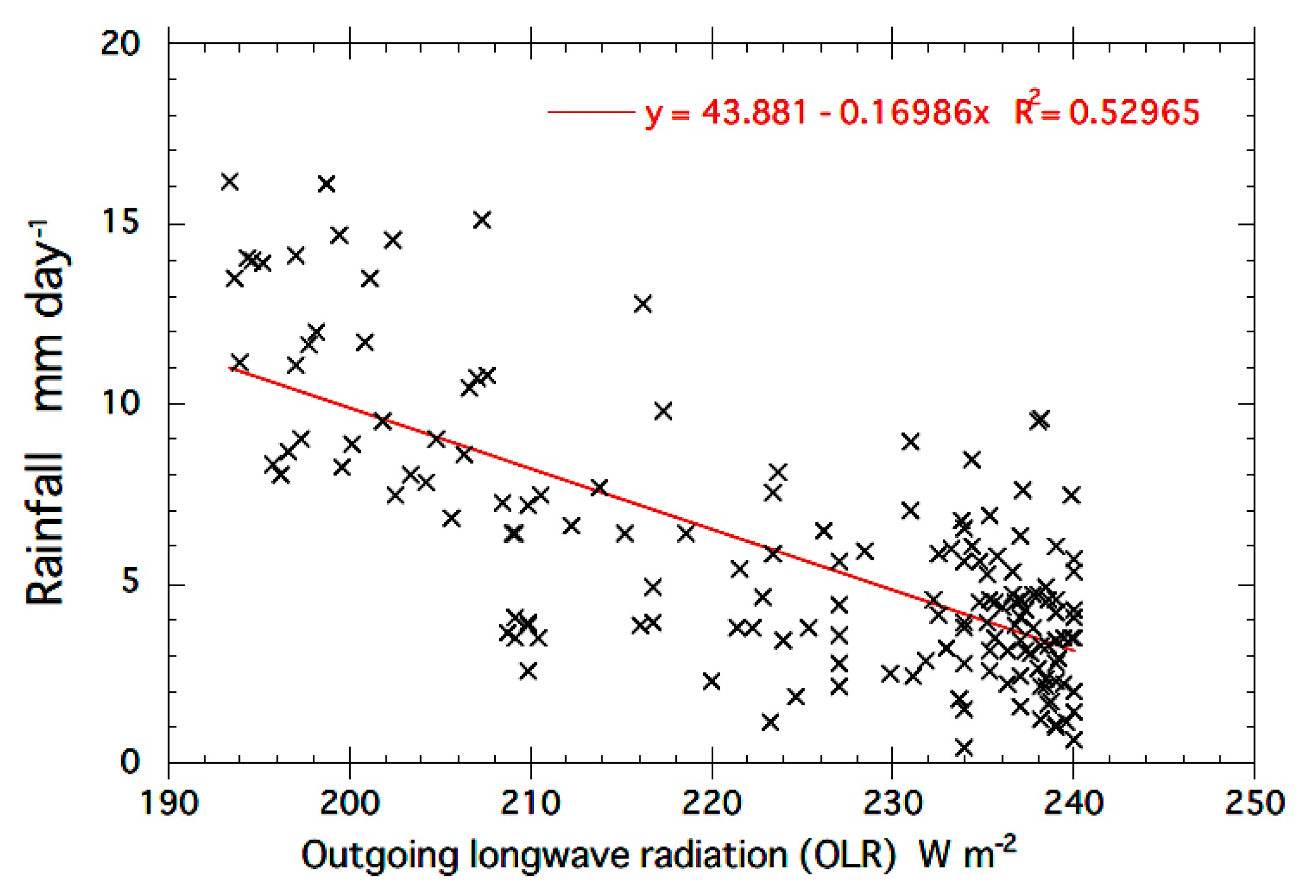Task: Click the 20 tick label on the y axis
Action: coord(120,43)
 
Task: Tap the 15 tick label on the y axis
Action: coord(120,222)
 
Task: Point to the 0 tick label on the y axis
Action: coord(129,762)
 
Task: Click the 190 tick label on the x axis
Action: coord(169,803)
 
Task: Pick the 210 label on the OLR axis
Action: coord(530,803)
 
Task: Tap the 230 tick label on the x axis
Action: coord(892,803)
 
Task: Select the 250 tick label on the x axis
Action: coord(1253,803)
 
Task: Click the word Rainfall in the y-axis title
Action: coord(45,529)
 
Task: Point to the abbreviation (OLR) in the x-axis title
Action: coord(848,855)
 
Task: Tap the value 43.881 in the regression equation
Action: coord(754,112)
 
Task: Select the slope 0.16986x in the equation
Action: coord(914,112)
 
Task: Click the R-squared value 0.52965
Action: coord(1133,112)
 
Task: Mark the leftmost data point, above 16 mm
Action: coord(230,182)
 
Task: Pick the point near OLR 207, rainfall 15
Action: coord(482,220)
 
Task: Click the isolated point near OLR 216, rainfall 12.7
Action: coord(642,304)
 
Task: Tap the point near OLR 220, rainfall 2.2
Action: coord(711,681)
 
